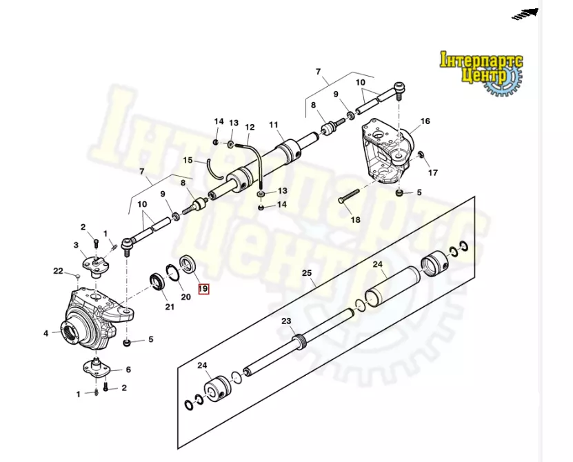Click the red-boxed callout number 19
pos(203,289)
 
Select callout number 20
pos(185,297)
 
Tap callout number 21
pos(169,306)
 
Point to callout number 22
pos(59,270)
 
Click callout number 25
pos(307,273)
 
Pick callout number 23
pos(287,321)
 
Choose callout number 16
pos(425,121)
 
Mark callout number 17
pos(432,172)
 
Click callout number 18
pos(355,220)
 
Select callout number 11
pos(273,125)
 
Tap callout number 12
pos(250,128)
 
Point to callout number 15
pos(188,160)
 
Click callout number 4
pos(46,333)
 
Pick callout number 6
pos(128,370)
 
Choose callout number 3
pos(77,245)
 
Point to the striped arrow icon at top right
pos(525,13)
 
